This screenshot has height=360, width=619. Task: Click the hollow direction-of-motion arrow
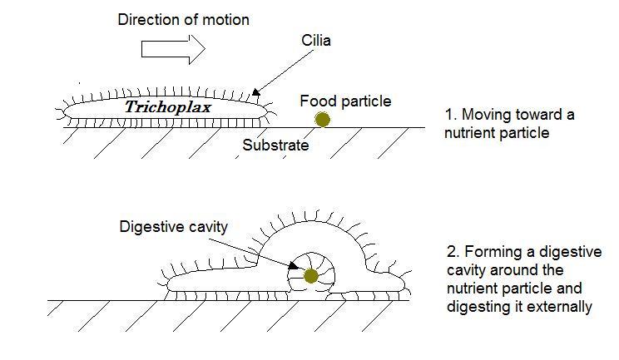coord(172,49)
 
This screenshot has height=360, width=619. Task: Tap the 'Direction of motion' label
coord(183,20)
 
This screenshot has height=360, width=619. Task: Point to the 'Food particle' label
coord(345,101)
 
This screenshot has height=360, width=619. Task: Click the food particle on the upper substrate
coord(322,121)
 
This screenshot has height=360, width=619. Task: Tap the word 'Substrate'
coord(275,145)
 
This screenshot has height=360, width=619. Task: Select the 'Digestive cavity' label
coord(173,226)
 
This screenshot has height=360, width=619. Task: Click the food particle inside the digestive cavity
coord(311,276)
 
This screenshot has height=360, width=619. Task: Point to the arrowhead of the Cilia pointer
coord(255,93)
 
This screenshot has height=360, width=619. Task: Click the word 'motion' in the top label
coord(225,20)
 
